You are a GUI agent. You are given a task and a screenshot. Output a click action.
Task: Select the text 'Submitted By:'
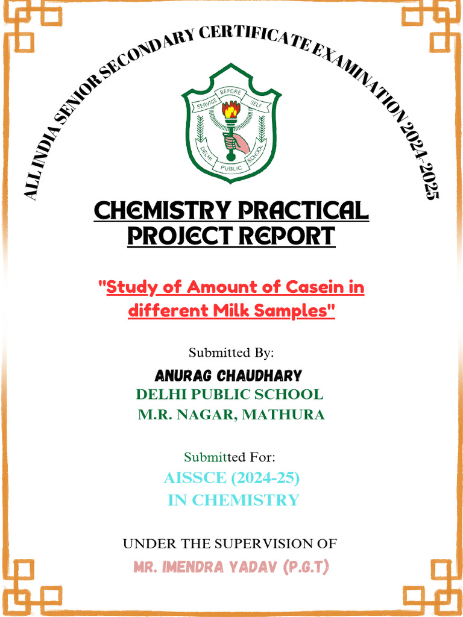(x=231, y=352)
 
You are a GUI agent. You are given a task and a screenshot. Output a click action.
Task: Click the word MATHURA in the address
(x=283, y=415)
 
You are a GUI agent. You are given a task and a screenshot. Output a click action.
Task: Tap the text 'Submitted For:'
(x=230, y=457)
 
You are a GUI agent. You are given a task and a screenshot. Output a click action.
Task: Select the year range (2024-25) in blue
(x=266, y=478)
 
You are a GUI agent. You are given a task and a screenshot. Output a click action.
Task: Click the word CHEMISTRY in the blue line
(x=254, y=500)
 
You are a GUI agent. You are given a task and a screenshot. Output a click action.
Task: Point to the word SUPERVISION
(x=253, y=543)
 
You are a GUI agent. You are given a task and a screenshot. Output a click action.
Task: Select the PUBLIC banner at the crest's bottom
(x=231, y=168)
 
